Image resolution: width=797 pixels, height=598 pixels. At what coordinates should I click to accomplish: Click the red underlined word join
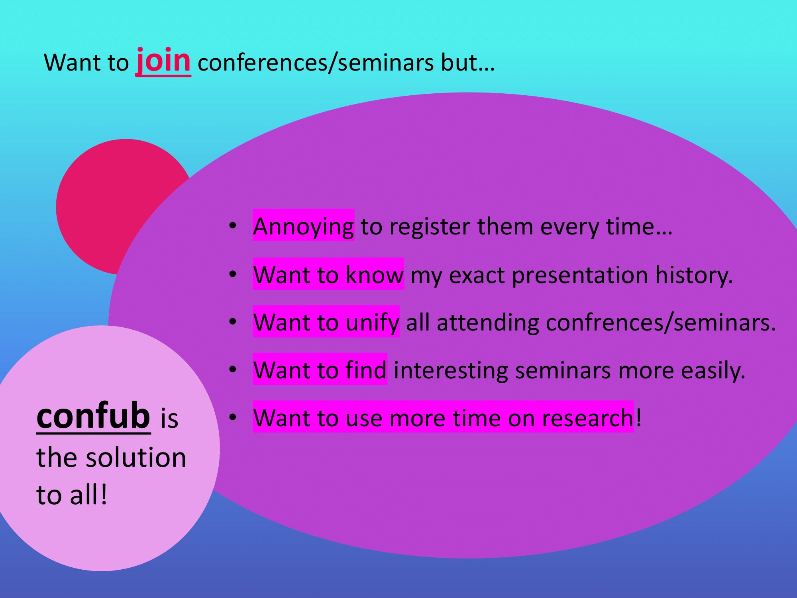click(x=163, y=62)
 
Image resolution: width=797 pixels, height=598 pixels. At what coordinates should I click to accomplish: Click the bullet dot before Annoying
click(x=233, y=226)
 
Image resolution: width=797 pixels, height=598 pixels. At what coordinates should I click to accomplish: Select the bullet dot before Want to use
click(x=233, y=417)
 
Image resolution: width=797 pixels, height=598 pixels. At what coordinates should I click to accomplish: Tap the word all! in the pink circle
click(x=88, y=495)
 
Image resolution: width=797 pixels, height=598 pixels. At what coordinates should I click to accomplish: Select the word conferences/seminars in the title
click(x=315, y=63)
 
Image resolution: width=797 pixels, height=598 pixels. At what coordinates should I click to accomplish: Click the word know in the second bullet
click(x=374, y=275)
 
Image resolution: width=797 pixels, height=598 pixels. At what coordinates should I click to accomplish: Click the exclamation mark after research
click(x=639, y=417)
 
